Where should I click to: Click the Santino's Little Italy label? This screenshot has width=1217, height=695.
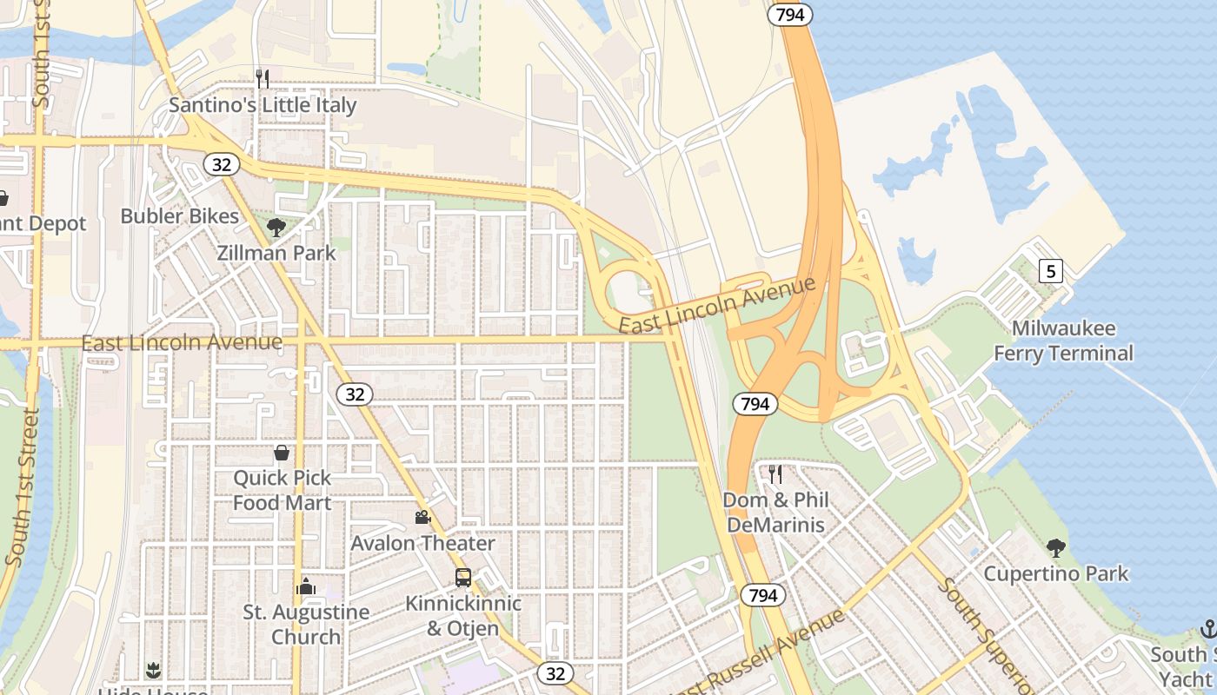pos(263,105)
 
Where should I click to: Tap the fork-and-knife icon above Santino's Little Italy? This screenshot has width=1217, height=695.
pos(263,78)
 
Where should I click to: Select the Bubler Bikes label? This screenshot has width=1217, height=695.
pos(179,216)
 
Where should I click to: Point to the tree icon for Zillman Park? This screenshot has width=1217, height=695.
pos(276,228)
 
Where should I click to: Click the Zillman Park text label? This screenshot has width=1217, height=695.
pos(276,254)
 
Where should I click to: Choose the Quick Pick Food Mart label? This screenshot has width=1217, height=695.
pos(282,490)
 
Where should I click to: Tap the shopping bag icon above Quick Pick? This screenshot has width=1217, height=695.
pos(282,453)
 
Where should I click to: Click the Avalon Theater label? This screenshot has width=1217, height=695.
pos(422,543)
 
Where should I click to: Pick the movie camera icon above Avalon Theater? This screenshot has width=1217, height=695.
pos(422,518)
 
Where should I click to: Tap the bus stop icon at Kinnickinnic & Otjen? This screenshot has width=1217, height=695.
pos(463,578)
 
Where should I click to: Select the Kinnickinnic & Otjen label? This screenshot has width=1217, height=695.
pos(463,615)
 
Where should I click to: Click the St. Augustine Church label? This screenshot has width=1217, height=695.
pos(306,624)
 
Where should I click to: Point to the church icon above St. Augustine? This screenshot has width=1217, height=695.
pos(306,587)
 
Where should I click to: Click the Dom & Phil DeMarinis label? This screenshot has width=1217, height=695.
pos(775,513)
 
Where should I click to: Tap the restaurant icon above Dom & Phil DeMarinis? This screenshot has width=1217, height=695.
pos(775,474)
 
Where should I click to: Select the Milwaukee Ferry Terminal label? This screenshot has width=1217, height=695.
pos(1063,341)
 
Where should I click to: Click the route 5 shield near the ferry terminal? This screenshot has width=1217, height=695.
pos(1051,272)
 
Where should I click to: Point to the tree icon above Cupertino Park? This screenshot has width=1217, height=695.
pos(1056,547)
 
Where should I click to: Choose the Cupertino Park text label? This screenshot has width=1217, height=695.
pos(1056,573)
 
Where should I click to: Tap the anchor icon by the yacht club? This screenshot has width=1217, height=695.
pos(1207,628)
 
